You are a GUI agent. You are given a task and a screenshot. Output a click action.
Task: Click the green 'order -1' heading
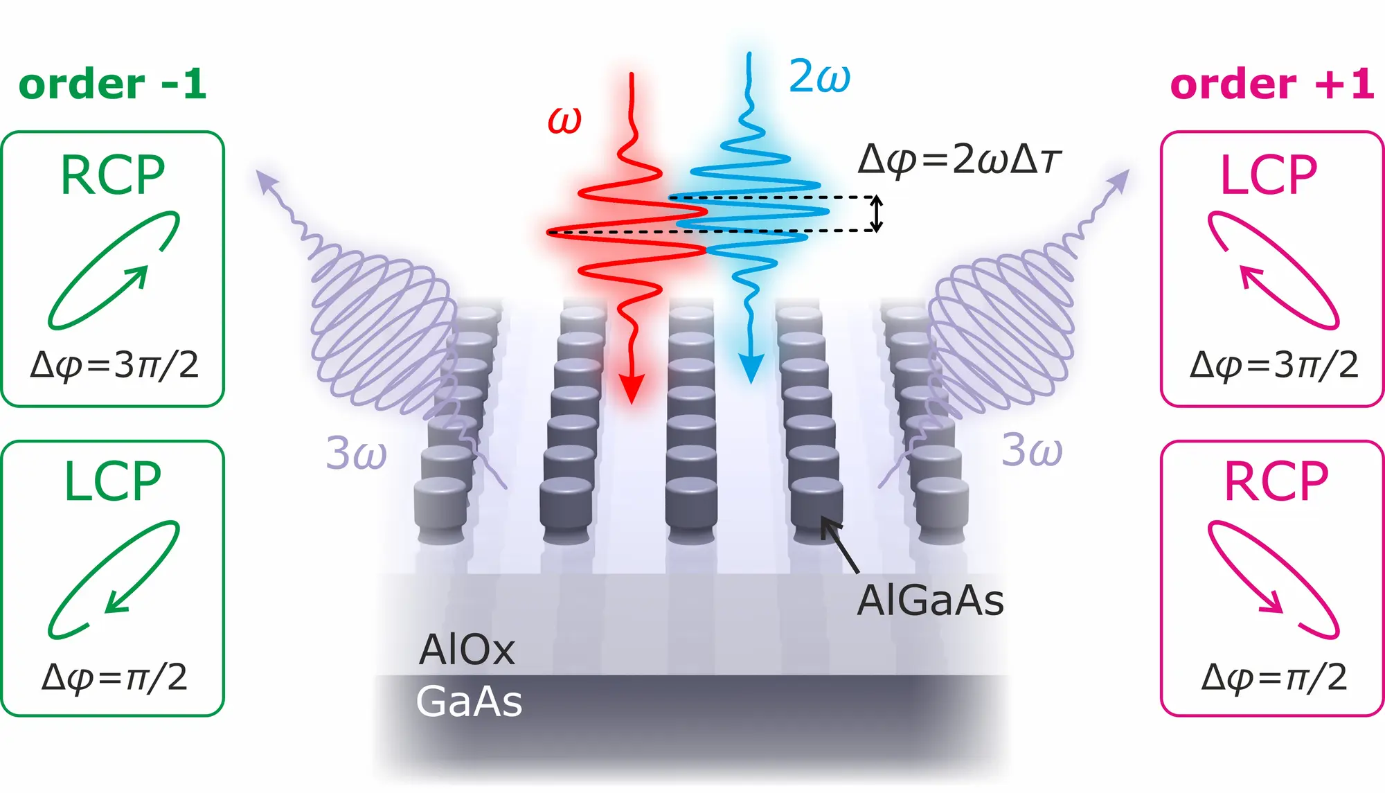(x=112, y=84)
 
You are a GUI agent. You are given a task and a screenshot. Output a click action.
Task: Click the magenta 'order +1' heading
(x=1271, y=84)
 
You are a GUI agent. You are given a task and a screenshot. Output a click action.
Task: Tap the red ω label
(x=564, y=120)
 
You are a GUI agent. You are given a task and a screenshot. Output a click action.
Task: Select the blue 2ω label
(x=819, y=75)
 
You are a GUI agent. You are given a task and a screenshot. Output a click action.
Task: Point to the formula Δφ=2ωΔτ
(x=959, y=160)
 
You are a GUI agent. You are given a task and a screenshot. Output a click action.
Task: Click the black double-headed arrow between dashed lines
(x=876, y=214)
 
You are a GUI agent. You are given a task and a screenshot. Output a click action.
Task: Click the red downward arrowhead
(x=631, y=388)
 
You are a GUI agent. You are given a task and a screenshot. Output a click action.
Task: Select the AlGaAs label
(x=930, y=600)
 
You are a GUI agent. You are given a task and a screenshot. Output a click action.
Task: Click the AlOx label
(x=467, y=650)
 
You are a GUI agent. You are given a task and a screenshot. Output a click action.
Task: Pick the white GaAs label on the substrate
(x=469, y=701)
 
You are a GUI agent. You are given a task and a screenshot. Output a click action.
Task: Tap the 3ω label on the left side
(x=356, y=453)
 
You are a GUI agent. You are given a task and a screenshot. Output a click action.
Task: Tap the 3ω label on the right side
(x=1032, y=449)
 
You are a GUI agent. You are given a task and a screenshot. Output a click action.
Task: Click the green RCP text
(x=113, y=175)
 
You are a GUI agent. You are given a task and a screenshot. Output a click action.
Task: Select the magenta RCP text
(x=1276, y=482)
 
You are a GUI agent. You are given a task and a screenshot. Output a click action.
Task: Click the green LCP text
(x=113, y=482)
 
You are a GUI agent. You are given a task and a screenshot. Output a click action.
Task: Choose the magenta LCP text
(x=1269, y=175)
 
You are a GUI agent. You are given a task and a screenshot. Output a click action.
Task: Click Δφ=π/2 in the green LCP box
(x=114, y=677)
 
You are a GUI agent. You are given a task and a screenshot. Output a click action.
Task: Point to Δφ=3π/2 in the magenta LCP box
(x=1274, y=364)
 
